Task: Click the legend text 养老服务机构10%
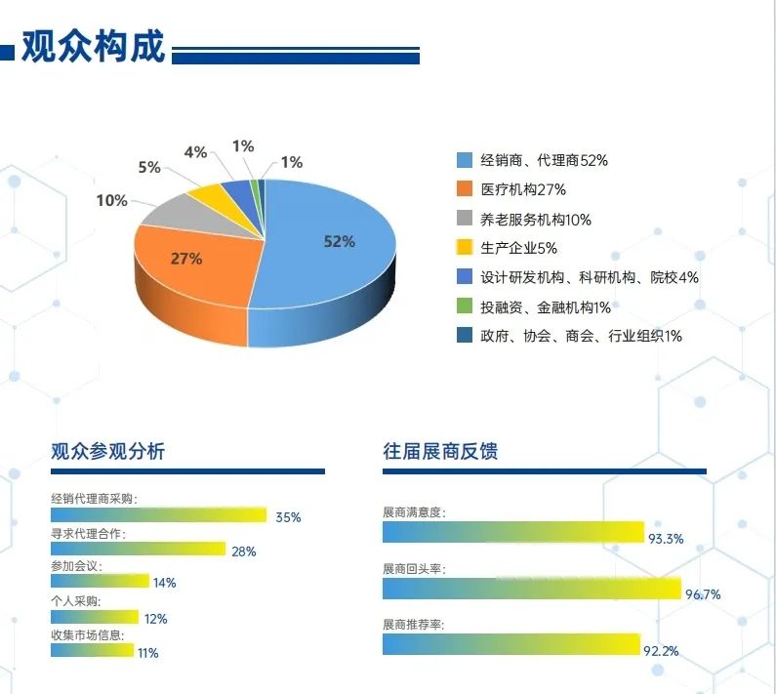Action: pyautogui.click(x=536, y=220)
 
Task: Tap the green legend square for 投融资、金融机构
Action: pyautogui.click(x=465, y=307)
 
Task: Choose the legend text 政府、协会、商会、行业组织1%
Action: pyautogui.click(x=581, y=336)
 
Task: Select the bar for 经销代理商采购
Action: pyautogui.click(x=158, y=514)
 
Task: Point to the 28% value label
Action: pyautogui.click(x=243, y=551)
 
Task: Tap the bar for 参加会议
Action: pyautogui.click(x=100, y=581)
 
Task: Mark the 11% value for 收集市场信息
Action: pyautogui.click(x=147, y=653)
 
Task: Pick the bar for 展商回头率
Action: pyautogui.click(x=531, y=589)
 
